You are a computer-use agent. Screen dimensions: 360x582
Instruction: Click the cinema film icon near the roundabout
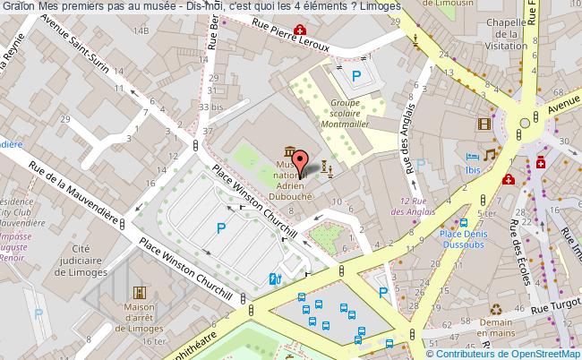[x=484, y=124]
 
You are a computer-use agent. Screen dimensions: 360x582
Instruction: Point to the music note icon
[x=490, y=154]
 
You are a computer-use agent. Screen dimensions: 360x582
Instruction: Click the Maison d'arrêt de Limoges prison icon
[x=140, y=293]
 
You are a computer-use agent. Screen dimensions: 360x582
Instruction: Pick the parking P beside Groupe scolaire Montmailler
[x=356, y=78]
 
